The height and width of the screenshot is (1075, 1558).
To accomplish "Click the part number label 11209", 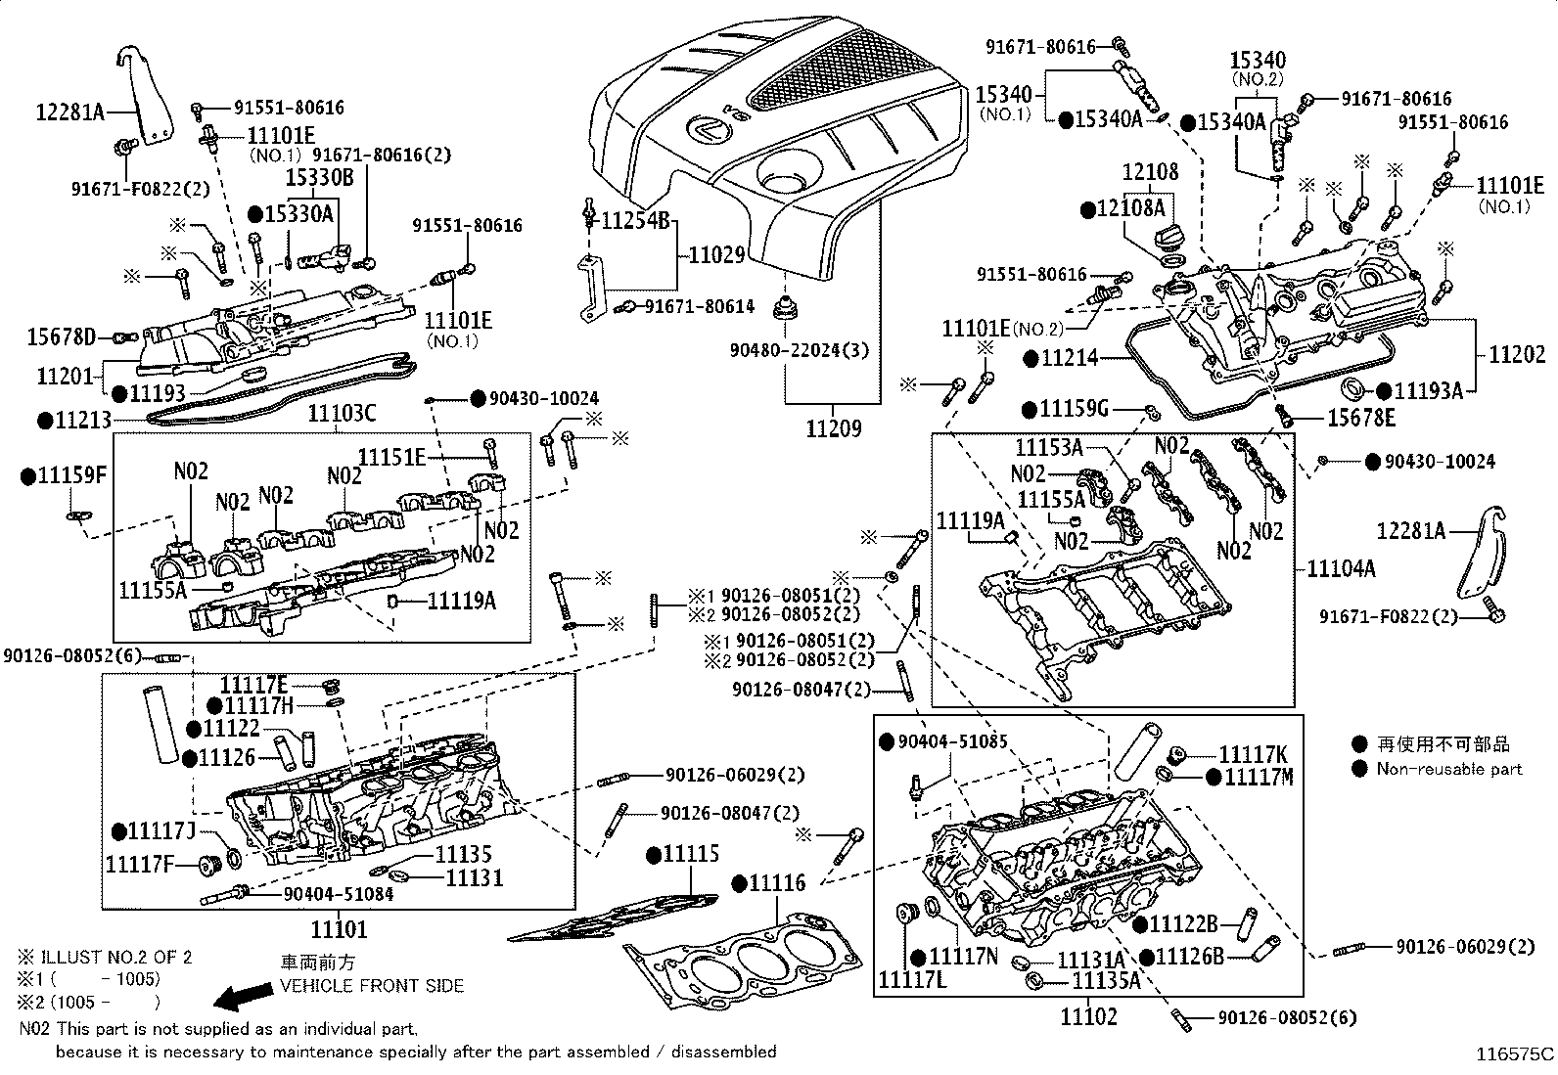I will pyautogui.click(x=834, y=428).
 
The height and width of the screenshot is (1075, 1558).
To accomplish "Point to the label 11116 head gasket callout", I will pyautogui.click(x=777, y=883).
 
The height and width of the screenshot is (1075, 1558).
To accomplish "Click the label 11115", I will pyautogui.click(x=691, y=854).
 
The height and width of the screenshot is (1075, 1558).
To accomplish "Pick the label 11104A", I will pyautogui.click(x=1341, y=568).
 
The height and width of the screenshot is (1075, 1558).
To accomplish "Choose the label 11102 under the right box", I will pyautogui.click(x=1088, y=1016).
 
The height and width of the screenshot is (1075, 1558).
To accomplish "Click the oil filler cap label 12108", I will pyautogui.click(x=1150, y=172).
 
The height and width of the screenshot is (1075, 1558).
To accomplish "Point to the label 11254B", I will pyautogui.click(x=635, y=220).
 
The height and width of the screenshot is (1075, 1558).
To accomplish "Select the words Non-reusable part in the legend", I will pyautogui.click(x=1448, y=769).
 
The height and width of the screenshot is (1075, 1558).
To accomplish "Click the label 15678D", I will pyautogui.click(x=61, y=338).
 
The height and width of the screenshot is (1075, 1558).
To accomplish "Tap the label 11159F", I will pyautogui.click(x=70, y=476).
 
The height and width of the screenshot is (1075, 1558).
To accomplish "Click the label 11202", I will pyautogui.click(x=1517, y=354).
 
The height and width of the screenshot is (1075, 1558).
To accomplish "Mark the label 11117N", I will pyautogui.click(x=964, y=956).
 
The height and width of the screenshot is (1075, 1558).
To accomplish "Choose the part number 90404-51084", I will pyautogui.click(x=339, y=893).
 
